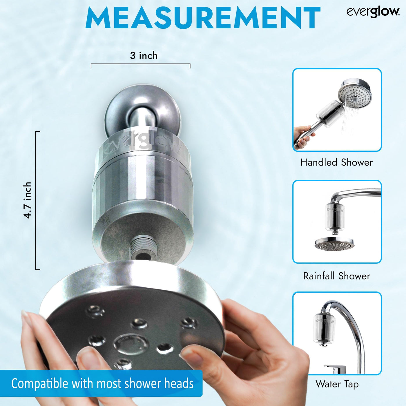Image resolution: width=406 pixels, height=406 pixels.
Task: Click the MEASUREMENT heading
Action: point(203,18)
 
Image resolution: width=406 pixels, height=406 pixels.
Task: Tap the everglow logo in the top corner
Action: point(373,12)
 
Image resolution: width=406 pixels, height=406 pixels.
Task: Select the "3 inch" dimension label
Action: point(144,55)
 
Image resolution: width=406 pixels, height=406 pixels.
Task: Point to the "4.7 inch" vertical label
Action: point(27,200)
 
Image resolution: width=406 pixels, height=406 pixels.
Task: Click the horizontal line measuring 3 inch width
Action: point(141,64)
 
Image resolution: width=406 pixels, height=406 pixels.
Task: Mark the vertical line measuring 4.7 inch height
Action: point(36,200)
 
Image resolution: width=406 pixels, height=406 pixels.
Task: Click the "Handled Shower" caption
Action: point(336,162)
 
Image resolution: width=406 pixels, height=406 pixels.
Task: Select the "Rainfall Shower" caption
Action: point(336,276)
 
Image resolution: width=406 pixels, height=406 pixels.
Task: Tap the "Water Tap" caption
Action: point(337,384)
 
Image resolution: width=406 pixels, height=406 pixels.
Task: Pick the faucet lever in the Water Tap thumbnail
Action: point(335,369)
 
